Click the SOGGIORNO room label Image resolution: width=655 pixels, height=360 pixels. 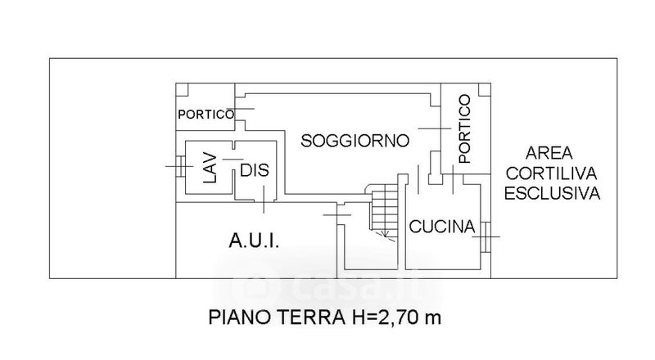tap(355, 140)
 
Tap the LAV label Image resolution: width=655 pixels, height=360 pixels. tap(209, 169)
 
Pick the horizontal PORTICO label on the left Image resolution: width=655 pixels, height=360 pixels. tap(206, 115)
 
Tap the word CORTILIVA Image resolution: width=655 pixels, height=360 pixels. tap(552, 173)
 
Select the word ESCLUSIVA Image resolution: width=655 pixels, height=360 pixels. tap(552, 194)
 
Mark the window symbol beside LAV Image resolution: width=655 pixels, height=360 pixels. tap(177, 166)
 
